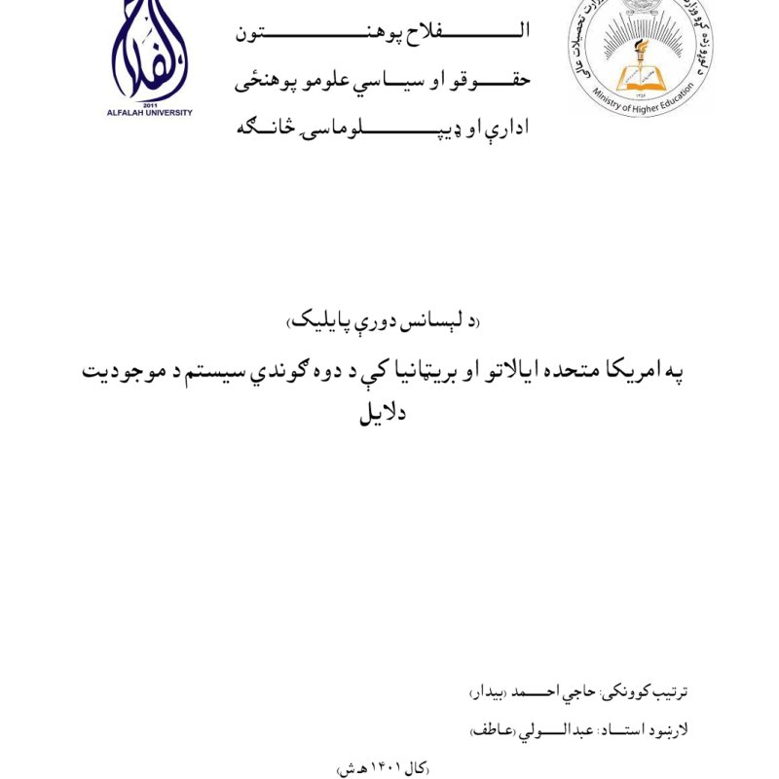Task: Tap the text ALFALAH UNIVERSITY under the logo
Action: coord(150,113)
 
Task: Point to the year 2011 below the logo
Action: coord(150,104)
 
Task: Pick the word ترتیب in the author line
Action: coord(668,693)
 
